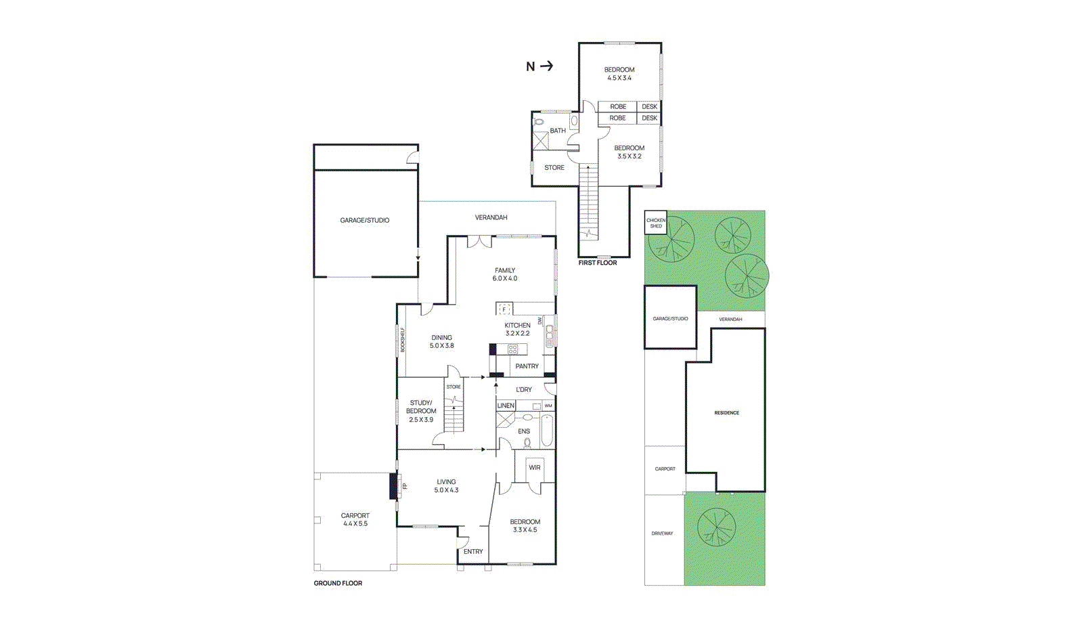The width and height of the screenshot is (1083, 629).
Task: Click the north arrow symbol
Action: coord(540,66)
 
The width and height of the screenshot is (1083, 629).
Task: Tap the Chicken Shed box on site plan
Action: coord(656,223)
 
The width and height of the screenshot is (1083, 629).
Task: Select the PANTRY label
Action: coord(527,366)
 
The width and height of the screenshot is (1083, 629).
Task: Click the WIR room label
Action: coord(535,468)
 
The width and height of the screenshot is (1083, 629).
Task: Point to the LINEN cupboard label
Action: coord(506,406)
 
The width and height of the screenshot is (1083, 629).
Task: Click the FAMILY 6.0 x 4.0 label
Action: coord(505,274)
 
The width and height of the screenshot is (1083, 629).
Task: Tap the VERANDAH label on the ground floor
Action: coord(491,217)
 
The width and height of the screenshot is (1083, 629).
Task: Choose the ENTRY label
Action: coord(473,552)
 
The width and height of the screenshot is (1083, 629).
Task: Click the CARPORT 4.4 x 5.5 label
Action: coord(355,519)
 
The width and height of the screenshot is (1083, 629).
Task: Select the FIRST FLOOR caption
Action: coord(597,263)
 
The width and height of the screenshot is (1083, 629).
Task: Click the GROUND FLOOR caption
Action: coord(338,583)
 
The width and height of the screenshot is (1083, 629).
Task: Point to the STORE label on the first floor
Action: coord(554,167)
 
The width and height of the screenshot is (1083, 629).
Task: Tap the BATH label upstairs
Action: coord(558,131)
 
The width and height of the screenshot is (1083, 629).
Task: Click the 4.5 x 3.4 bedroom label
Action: coord(619,74)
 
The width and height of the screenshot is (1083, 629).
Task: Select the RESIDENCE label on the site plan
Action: coord(726,412)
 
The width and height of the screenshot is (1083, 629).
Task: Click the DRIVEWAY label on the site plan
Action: coord(662,534)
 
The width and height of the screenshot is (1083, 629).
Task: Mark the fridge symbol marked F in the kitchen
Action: coord(504,309)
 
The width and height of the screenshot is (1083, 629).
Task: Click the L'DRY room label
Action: coord(524,390)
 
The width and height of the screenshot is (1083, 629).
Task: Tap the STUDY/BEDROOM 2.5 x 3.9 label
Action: coord(421,411)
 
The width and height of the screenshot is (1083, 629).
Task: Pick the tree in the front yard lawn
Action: coord(716,526)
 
